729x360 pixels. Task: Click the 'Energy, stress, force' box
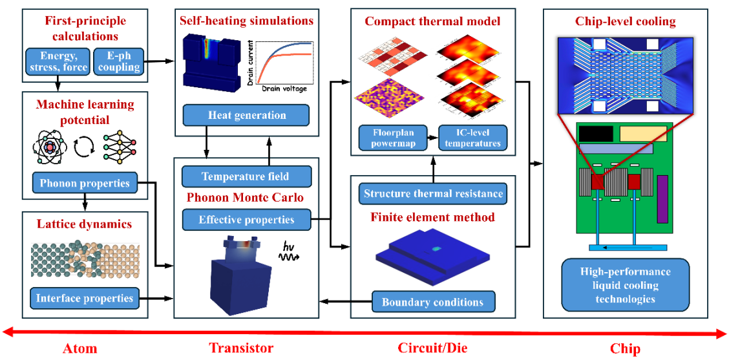click(58, 61)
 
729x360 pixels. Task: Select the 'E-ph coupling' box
click(118, 61)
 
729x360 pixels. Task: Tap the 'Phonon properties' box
click(85, 183)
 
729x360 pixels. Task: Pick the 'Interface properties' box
click(85, 298)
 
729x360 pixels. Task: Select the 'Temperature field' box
click(246, 176)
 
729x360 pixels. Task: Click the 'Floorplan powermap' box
click(393, 137)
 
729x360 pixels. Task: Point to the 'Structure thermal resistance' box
click(432, 193)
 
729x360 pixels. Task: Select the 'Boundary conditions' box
click(432, 302)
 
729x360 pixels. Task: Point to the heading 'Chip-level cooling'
click(625, 22)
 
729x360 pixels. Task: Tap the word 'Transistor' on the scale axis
click(241, 348)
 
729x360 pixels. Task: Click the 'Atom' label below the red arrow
click(79, 349)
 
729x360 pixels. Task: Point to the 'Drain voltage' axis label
click(284, 89)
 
